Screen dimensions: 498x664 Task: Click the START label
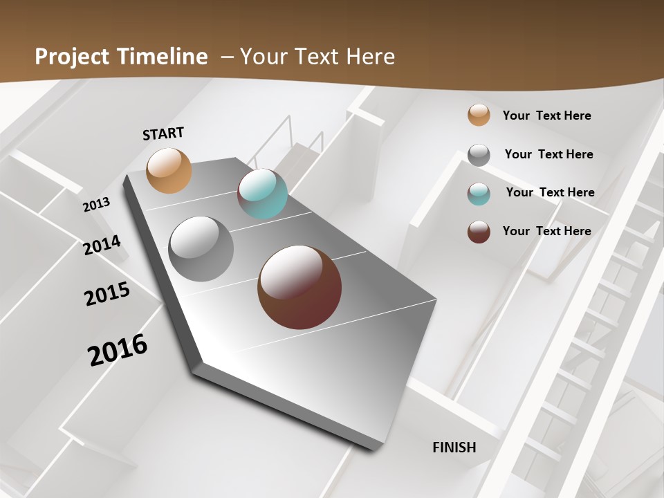point(163,133)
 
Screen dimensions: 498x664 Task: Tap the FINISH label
point(454,448)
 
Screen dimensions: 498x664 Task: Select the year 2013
point(97,205)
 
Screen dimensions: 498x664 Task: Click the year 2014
point(102,245)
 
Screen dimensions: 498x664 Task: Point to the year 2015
point(107,294)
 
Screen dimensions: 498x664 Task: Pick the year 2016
point(118,350)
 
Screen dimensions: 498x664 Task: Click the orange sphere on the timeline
point(169,170)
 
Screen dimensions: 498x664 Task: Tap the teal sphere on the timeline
point(262,194)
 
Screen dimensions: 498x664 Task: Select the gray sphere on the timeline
point(201,249)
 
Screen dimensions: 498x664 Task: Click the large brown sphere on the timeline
point(299,287)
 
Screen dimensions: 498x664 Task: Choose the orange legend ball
point(479,116)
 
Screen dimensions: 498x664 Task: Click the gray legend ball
point(479,155)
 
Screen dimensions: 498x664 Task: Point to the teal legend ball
point(479,194)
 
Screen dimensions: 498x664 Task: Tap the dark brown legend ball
point(479,232)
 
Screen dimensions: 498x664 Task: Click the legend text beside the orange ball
point(546,116)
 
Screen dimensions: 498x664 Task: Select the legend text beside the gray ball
point(548,154)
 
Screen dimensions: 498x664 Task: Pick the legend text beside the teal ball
point(550,192)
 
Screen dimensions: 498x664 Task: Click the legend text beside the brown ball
point(546,231)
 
